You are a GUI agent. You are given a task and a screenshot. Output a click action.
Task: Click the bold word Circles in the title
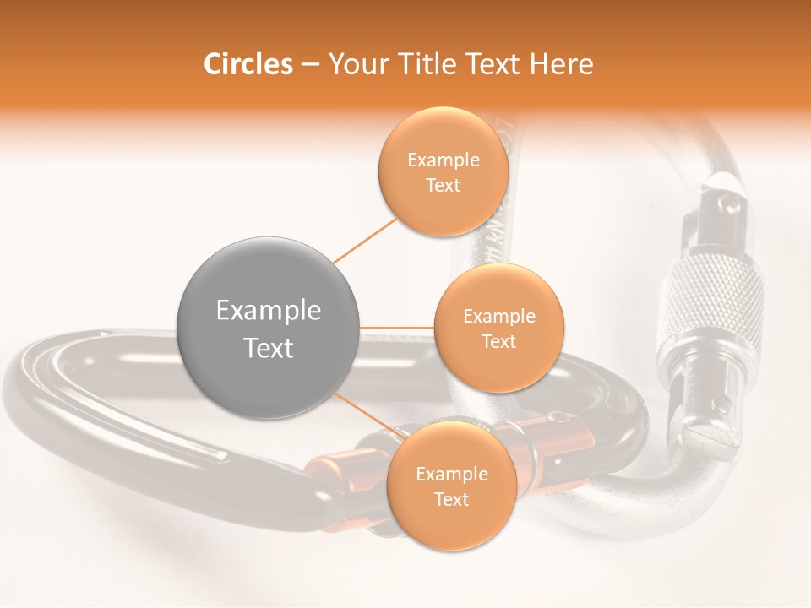pyautogui.click(x=248, y=64)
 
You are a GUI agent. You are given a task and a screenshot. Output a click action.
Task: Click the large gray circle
pyautogui.click(x=269, y=328)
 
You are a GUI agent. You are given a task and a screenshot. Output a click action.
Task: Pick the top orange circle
pyautogui.click(x=443, y=171)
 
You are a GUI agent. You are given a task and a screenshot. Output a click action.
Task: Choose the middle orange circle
pyautogui.click(x=498, y=328)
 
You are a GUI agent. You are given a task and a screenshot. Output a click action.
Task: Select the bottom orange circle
pyautogui.click(x=451, y=486)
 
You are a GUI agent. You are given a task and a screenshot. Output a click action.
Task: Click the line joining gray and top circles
pyautogui.click(x=365, y=240)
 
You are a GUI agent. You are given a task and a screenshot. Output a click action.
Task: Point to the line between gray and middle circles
pyautogui.click(x=397, y=328)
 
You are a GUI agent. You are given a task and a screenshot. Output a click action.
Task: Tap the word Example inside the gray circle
pyautogui.click(x=269, y=311)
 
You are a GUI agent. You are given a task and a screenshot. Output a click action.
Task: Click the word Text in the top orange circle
pyautogui.click(x=443, y=185)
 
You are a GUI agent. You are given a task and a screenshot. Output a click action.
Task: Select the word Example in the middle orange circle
pyautogui.click(x=498, y=316)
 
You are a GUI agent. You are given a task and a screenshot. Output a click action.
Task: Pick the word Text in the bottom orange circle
pyautogui.click(x=451, y=499)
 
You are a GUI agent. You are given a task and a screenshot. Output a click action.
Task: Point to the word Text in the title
pyautogui.click(x=493, y=64)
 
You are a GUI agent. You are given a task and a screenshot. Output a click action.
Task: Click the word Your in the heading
pyautogui.click(x=354, y=64)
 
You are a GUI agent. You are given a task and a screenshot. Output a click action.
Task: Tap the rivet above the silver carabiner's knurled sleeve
pyautogui.click(x=725, y=203)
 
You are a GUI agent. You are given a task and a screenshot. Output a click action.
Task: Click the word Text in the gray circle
pyautogui.click(x=269, y=348)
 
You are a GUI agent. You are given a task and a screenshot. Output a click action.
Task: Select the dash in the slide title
pyautogui.click(x=309, y=64)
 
